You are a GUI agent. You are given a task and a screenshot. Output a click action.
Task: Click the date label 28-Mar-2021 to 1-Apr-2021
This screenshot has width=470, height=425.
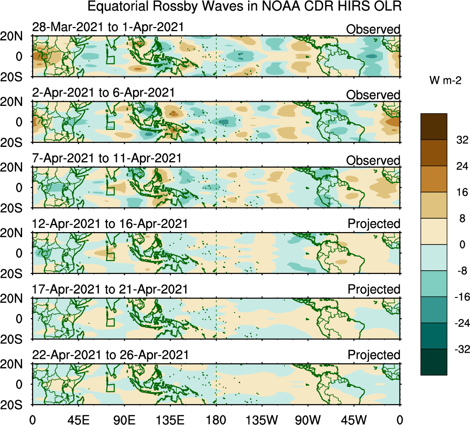[x=108, y=27]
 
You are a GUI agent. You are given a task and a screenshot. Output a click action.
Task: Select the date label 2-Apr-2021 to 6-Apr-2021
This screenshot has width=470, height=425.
[x=103, y=93]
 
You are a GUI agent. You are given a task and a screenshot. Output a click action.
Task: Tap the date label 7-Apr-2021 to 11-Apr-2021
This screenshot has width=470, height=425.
[x=106, y=158]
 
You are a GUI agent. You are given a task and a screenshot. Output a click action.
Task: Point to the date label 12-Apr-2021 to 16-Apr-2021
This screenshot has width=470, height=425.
[x=110, y=224]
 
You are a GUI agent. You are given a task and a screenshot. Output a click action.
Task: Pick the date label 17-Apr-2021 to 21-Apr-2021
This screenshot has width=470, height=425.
[x=110, y=289]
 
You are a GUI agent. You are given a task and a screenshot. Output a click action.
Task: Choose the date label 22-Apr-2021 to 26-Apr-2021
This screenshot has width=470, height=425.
[x=110, y=355]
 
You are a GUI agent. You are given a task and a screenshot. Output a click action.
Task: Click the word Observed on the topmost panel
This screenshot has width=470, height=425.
[x=373, y=29]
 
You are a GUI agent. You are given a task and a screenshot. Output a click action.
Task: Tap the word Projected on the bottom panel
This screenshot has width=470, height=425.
[x=374, y=355]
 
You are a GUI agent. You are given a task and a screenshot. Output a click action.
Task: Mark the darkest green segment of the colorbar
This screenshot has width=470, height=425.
[x=434, y=362]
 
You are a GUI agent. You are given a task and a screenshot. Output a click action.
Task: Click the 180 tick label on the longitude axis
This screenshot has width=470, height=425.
[x=216, y=419]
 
